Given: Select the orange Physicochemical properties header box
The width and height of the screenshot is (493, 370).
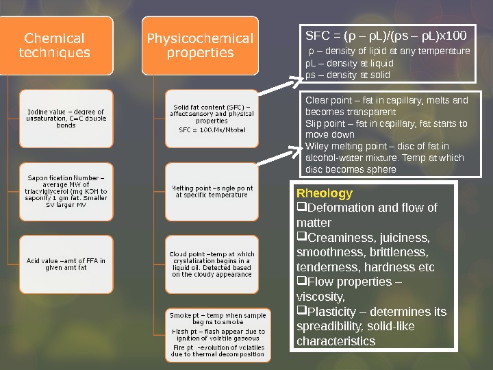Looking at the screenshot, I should [200, 45].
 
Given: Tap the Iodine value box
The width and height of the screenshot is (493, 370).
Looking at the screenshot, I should [66, 119].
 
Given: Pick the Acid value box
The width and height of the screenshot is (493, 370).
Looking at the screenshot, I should [66, 264].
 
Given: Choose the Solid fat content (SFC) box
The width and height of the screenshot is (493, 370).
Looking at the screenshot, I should [212, 119].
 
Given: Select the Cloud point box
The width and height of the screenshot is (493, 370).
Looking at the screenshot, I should [212, 264].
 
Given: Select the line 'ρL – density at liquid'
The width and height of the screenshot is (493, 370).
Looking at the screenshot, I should [349, 63].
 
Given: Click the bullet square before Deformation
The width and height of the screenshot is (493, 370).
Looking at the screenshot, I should [301, 208].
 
